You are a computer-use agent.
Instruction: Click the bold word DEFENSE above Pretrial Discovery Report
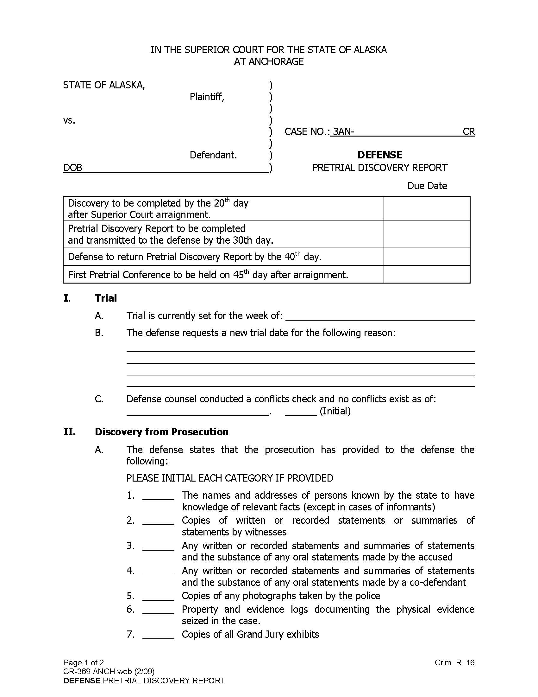[379, 155]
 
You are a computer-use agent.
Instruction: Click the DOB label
[73, 168]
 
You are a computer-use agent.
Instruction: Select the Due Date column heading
[427, 186]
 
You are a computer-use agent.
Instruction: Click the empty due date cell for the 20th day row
[427, 208]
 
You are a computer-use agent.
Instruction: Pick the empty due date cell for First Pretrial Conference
[427, 274]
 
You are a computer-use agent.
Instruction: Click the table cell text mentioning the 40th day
[194, 257]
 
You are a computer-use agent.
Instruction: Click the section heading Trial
[105, 298]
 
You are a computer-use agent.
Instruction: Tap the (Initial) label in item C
[335, 411]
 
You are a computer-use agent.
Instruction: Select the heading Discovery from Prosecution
[161, 432]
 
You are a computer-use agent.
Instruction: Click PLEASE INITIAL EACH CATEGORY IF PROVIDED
[229, 478]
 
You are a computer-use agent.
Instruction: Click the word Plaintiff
[207, 96]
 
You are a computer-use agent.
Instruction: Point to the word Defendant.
[213, 155]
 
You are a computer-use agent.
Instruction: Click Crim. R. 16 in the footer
[454, 663]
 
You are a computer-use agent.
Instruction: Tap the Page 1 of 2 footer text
[84, 663]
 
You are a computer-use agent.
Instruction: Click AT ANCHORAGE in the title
[269, 61]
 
